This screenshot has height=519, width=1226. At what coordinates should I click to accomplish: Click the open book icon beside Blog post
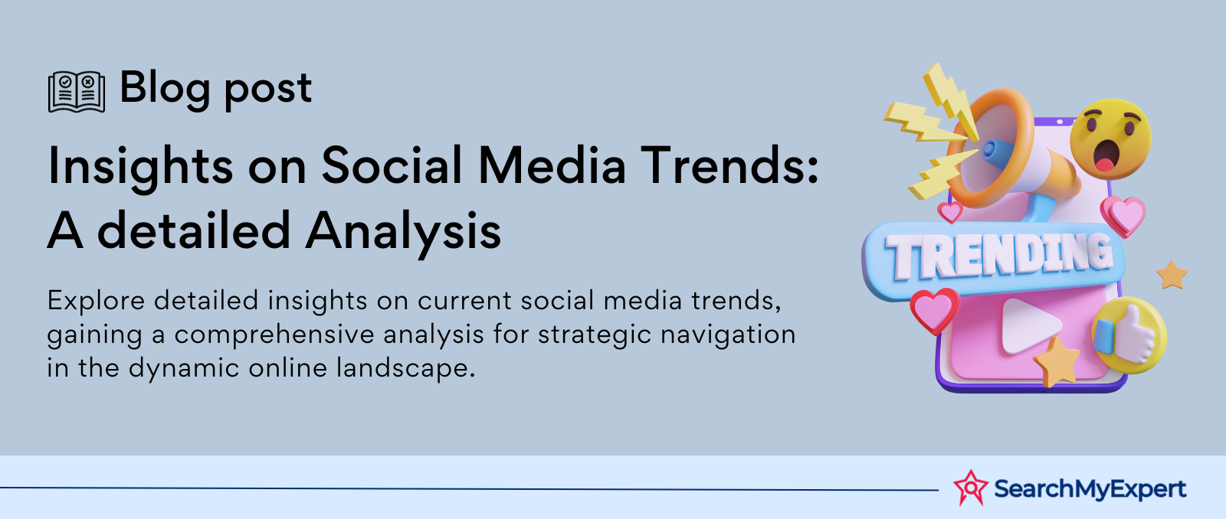click(77, 91)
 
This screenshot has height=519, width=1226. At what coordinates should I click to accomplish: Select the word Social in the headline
click(392, 165)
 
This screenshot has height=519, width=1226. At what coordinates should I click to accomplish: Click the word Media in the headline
click(552, 165)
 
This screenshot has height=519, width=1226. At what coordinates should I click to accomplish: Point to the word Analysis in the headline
click(403, 232)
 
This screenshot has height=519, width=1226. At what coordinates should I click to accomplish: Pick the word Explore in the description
click(96, 302)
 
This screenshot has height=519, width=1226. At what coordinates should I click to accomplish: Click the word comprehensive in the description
click(274, 335)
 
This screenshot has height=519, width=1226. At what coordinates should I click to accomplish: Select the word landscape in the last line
click(405, 368)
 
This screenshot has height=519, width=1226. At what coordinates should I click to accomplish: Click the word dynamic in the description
click(184, 368)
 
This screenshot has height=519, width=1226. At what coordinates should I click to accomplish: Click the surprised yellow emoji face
click(1110, 139)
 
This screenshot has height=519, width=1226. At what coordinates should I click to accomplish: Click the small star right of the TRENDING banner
click(1172, 275)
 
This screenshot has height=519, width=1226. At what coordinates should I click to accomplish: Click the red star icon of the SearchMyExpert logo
click(970, 488)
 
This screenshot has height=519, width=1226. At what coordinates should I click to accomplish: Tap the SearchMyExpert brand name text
click(1090, 489)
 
